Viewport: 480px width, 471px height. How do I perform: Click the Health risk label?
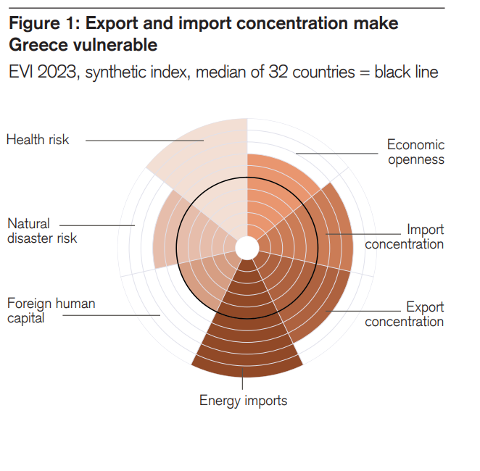(38, 139)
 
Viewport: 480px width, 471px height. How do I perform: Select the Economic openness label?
(415, 152)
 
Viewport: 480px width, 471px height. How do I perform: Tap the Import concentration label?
(405, 237)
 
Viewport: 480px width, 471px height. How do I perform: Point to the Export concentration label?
(405, 314)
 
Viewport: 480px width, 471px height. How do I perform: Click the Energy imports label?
(244, 401)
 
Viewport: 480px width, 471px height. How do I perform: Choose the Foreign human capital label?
(51, 311)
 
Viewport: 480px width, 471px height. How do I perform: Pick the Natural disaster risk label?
(42, 231)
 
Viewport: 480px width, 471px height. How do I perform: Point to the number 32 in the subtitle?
(280, 72)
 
